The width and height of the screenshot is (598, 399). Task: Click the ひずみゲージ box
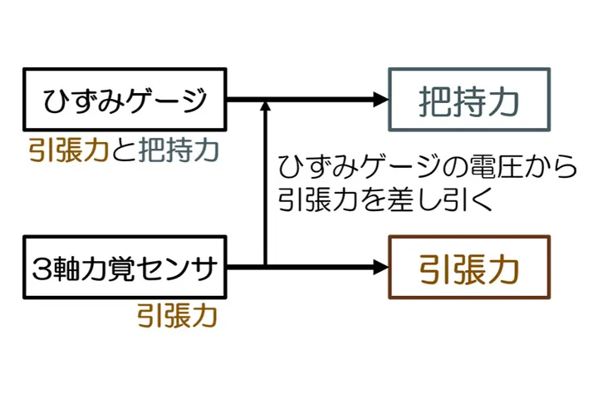pos(125,100)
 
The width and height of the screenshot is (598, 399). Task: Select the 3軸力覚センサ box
pos(125,268)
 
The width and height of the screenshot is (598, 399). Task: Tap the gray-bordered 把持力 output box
pos(469,100)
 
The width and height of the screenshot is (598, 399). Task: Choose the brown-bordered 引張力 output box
pos(469,268)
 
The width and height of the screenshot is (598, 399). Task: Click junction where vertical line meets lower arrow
pos(265,267)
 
